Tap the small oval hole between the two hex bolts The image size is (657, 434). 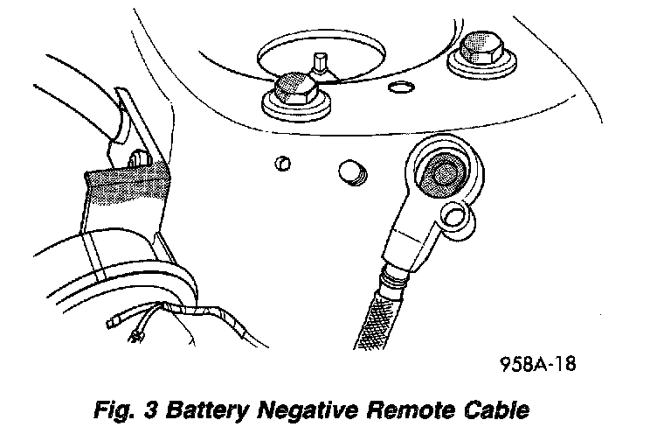pyautogui.click(x=401, y=87)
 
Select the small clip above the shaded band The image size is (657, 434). pyautogui.click(x=138, y=158)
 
